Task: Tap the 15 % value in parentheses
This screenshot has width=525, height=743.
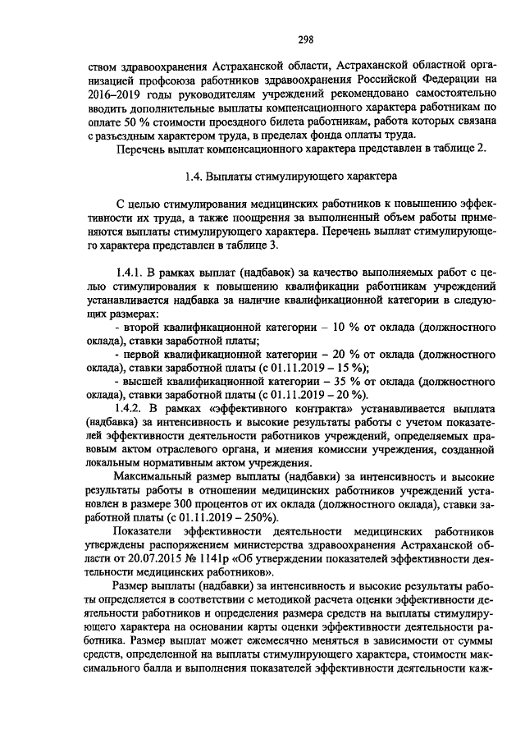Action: (x=349, y=368)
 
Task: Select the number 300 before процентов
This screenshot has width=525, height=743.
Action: (x=251, y=507)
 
